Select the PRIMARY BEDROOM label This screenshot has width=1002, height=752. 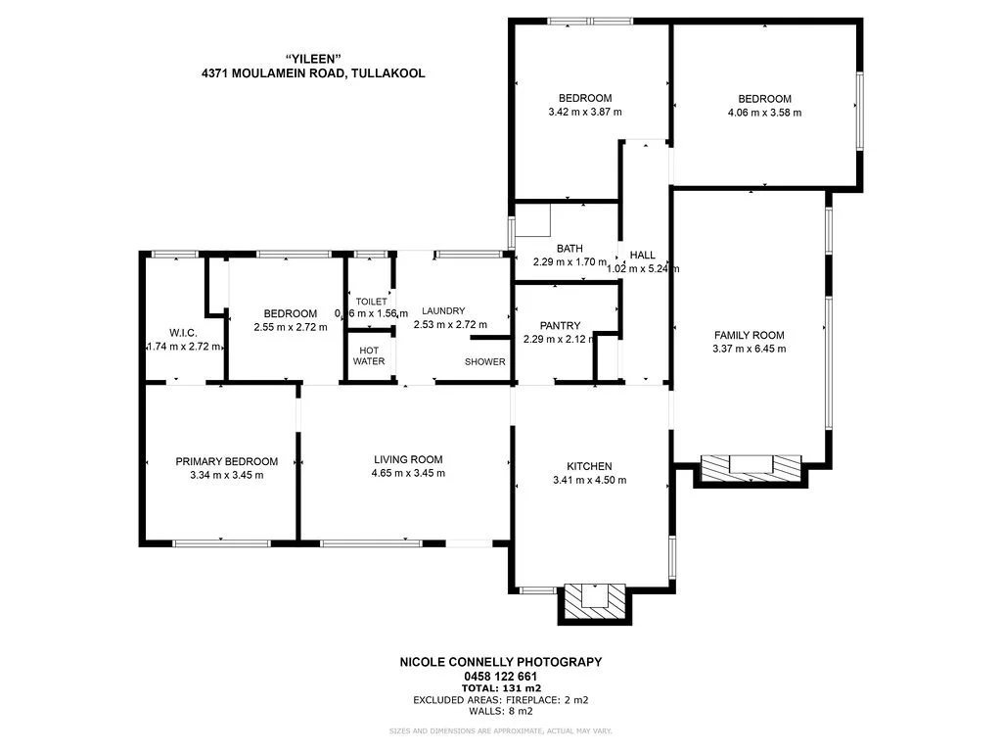[227, 461]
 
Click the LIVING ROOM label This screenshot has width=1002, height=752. [408, 459]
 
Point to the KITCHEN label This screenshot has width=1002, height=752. [589, 466]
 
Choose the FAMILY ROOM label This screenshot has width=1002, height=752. [750, 334]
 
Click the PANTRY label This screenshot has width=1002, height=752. [560, 326]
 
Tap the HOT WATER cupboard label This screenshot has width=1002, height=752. [370, 355]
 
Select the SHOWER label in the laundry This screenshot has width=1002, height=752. [485, 362]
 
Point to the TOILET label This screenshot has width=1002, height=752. [372, 302]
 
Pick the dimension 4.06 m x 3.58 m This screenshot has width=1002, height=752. [764, 112]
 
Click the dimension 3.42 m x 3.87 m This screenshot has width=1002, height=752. [585, 112]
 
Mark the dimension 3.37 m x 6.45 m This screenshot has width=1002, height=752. [750, 348]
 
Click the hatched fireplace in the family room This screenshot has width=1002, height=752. [751, 467]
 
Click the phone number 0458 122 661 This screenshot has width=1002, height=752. [500, 676]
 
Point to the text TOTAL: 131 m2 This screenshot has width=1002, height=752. [500, 688]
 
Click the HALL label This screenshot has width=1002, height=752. [643, 255]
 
